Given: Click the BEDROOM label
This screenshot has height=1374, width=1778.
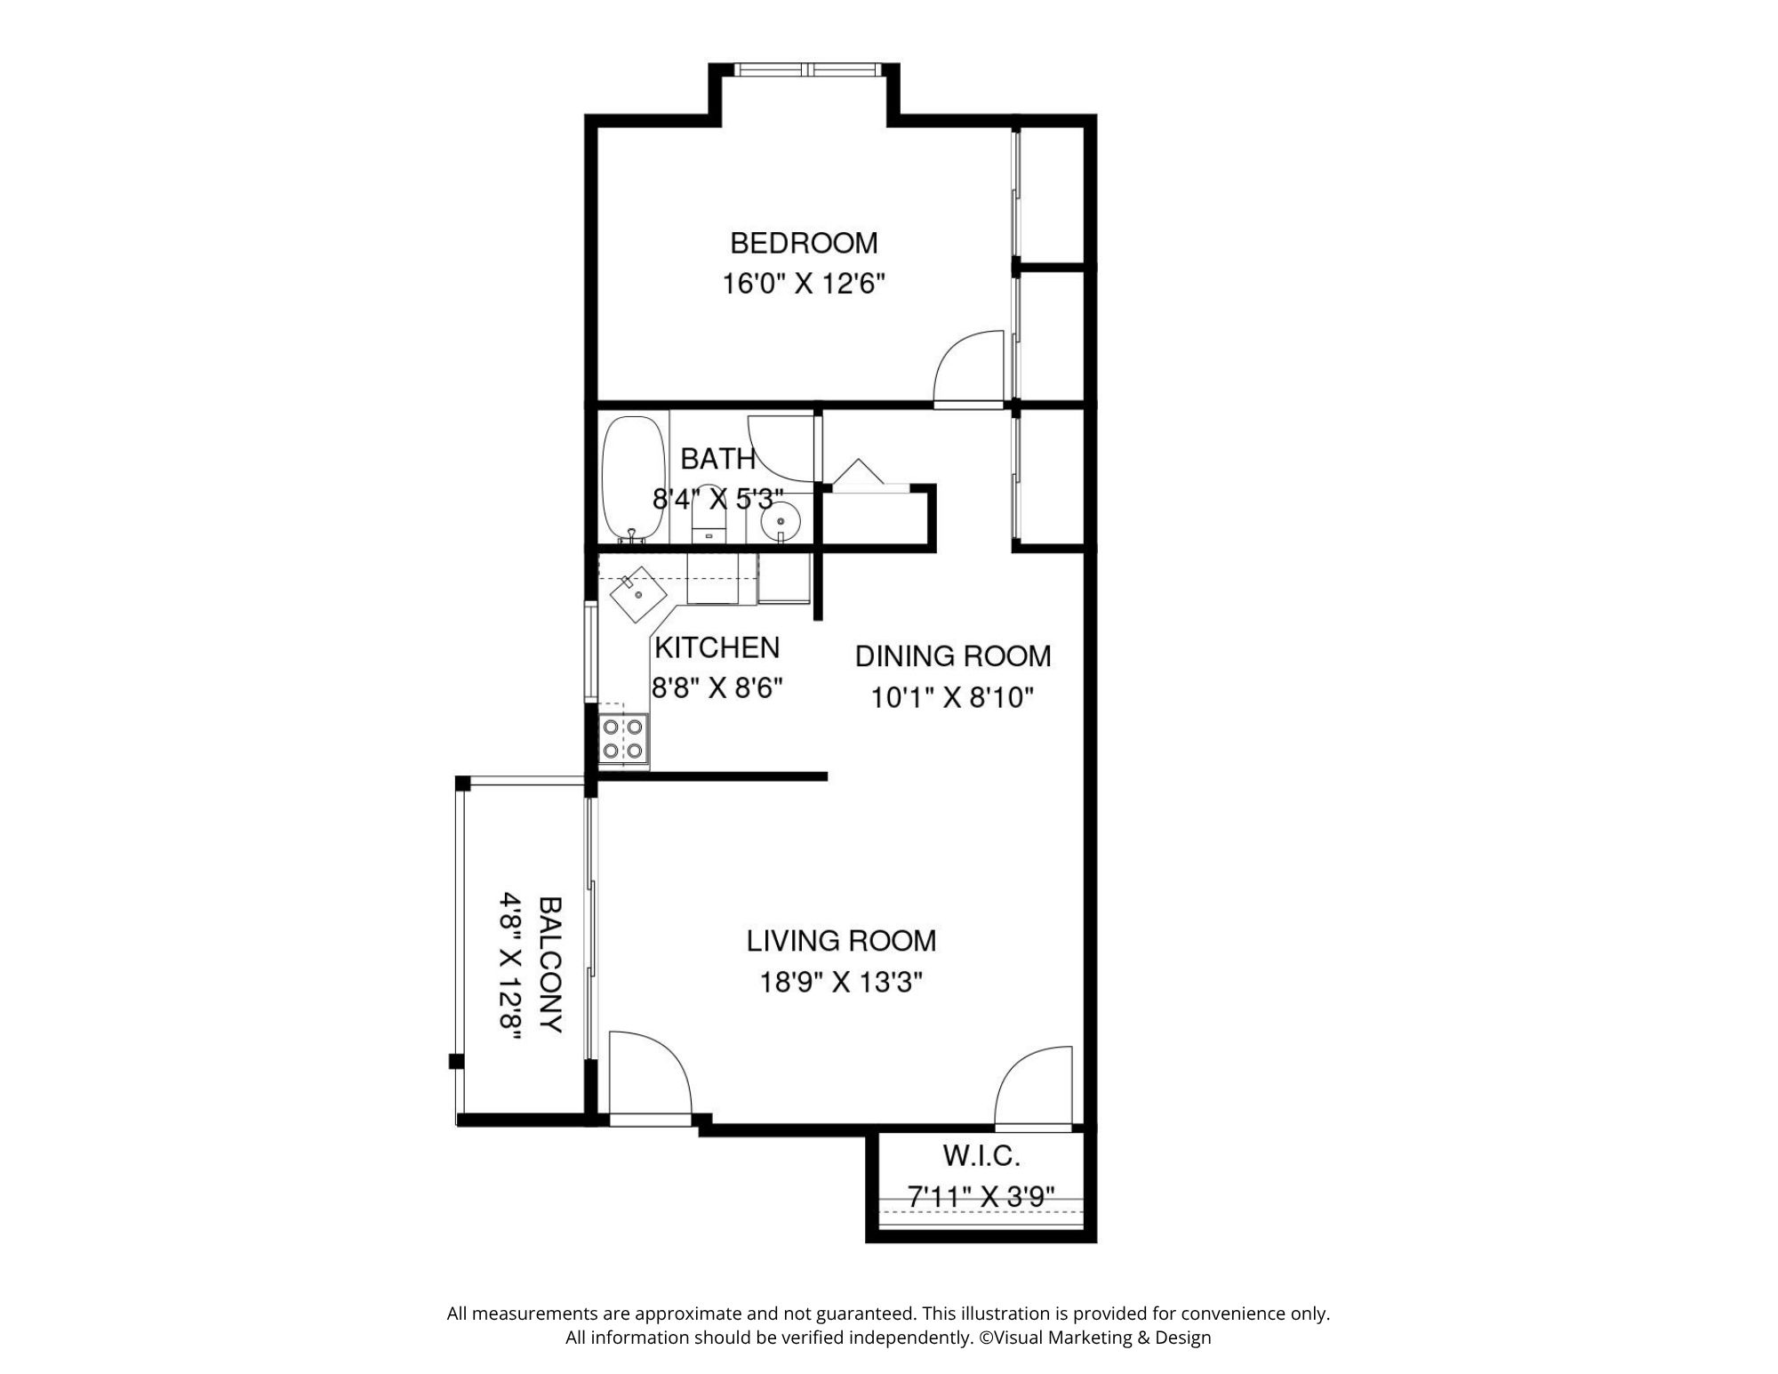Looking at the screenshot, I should pos(804,243).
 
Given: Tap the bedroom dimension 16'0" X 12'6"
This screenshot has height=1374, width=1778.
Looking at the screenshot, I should pos(804,285).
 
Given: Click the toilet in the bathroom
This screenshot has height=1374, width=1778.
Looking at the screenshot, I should pos(709,516).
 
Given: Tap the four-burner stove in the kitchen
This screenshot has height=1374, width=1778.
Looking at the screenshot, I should pos(623,739).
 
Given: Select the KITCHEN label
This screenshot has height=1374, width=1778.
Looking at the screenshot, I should pos(717,648).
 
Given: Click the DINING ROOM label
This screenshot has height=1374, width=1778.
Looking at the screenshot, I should pos(953,656).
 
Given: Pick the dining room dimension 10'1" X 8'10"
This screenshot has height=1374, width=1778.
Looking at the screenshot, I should pos(953,698).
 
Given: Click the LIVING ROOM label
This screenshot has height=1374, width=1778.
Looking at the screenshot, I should pos(841,940).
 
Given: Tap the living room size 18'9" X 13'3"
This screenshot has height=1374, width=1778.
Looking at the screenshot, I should pos(841,983).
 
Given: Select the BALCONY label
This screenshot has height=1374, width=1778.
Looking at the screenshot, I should pos(551,965).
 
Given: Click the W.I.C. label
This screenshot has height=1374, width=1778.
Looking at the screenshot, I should pos(981,1156).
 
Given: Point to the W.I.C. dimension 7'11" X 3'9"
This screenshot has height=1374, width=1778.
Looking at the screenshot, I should pos(981,1197).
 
